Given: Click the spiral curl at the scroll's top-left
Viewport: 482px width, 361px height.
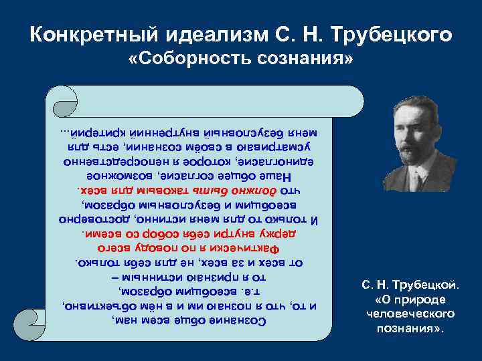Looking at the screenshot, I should pos(64,104).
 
